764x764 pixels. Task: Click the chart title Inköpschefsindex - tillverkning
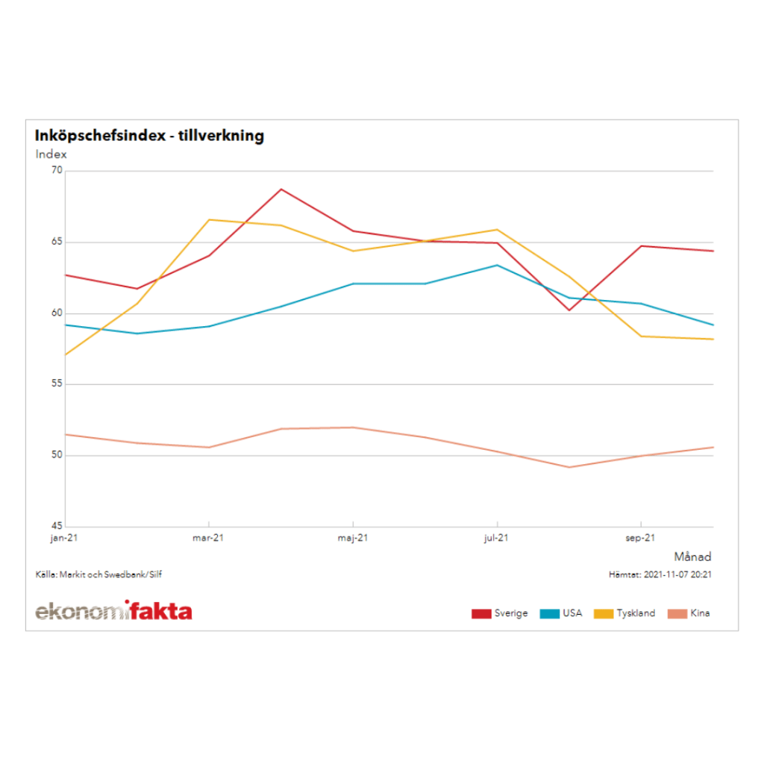point(149,136)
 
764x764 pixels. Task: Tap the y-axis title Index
point(51,154)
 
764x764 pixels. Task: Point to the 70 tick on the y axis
point(57,171)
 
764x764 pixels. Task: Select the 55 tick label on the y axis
point(57,384)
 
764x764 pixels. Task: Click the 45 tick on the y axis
point(57,526)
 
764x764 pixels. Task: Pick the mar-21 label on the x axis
point(209,537)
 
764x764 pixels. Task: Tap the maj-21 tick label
point(353,537)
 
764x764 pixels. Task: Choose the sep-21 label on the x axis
point(641,537)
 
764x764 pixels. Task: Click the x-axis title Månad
point(692,557)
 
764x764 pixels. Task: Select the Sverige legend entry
point(500,613)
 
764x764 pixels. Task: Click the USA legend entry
point(561,613)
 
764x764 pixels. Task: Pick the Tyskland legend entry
point(624,613)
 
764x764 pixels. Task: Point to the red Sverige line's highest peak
point(281,189)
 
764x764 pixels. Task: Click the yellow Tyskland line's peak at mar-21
point(210,219)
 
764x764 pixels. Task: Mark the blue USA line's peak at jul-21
point(497,265)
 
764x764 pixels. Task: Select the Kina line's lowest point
point(569,467)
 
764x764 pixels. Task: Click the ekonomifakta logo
point(113,611)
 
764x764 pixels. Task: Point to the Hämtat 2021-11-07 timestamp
point(660,574)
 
